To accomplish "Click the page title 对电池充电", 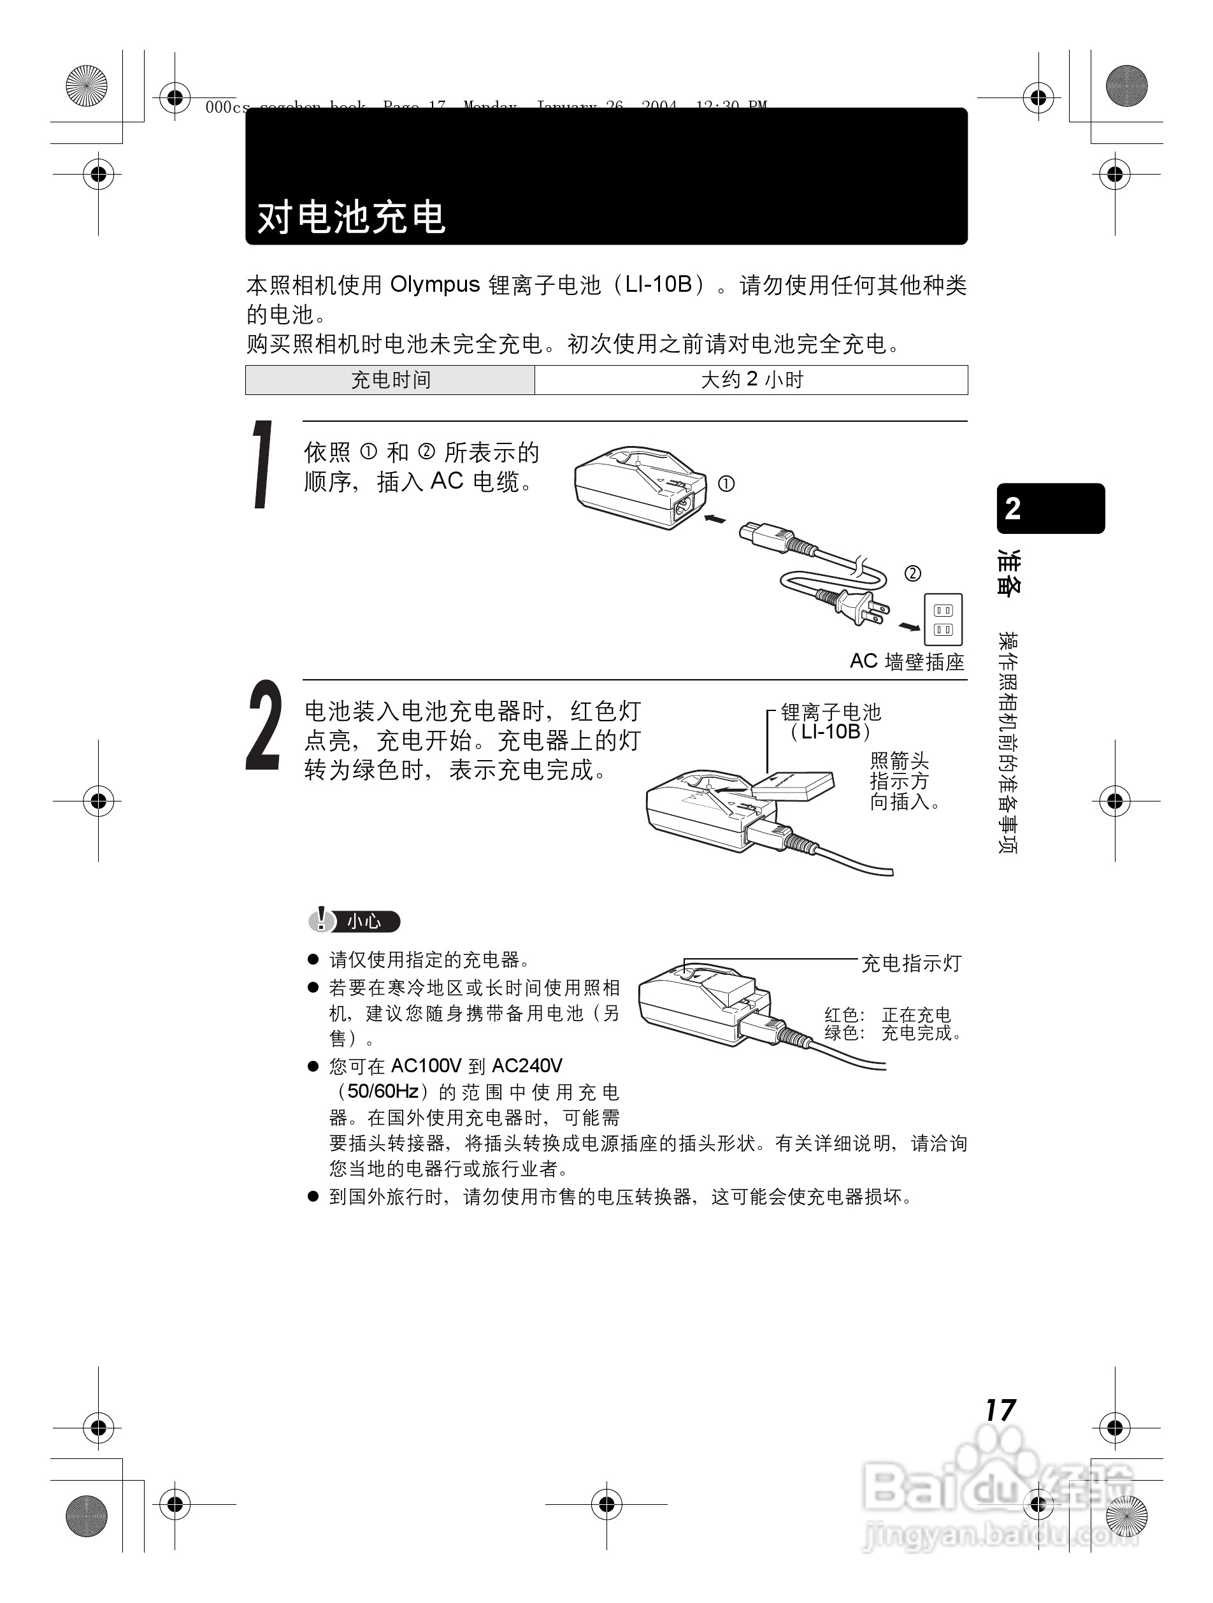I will pos(352,217).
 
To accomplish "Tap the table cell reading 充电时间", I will pos(391,380).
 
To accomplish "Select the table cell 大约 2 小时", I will pos(751,380).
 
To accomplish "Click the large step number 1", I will pos(262,464).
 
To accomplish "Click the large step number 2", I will pos(263,726).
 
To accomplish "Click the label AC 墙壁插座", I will pos(907,661).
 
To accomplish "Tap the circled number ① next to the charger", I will pos(726,484).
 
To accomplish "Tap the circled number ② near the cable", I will pos(912,573).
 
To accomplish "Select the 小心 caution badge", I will pos(354,921).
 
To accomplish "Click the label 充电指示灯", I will pos(911,963).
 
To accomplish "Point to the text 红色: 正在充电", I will pos(887,1014).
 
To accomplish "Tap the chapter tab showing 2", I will pos(1050,508).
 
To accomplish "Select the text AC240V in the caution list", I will pos(527,1066).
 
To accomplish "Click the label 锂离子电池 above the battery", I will pos(830,712).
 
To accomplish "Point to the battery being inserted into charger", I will pos(793,785).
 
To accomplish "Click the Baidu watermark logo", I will pos(1000,1493).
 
